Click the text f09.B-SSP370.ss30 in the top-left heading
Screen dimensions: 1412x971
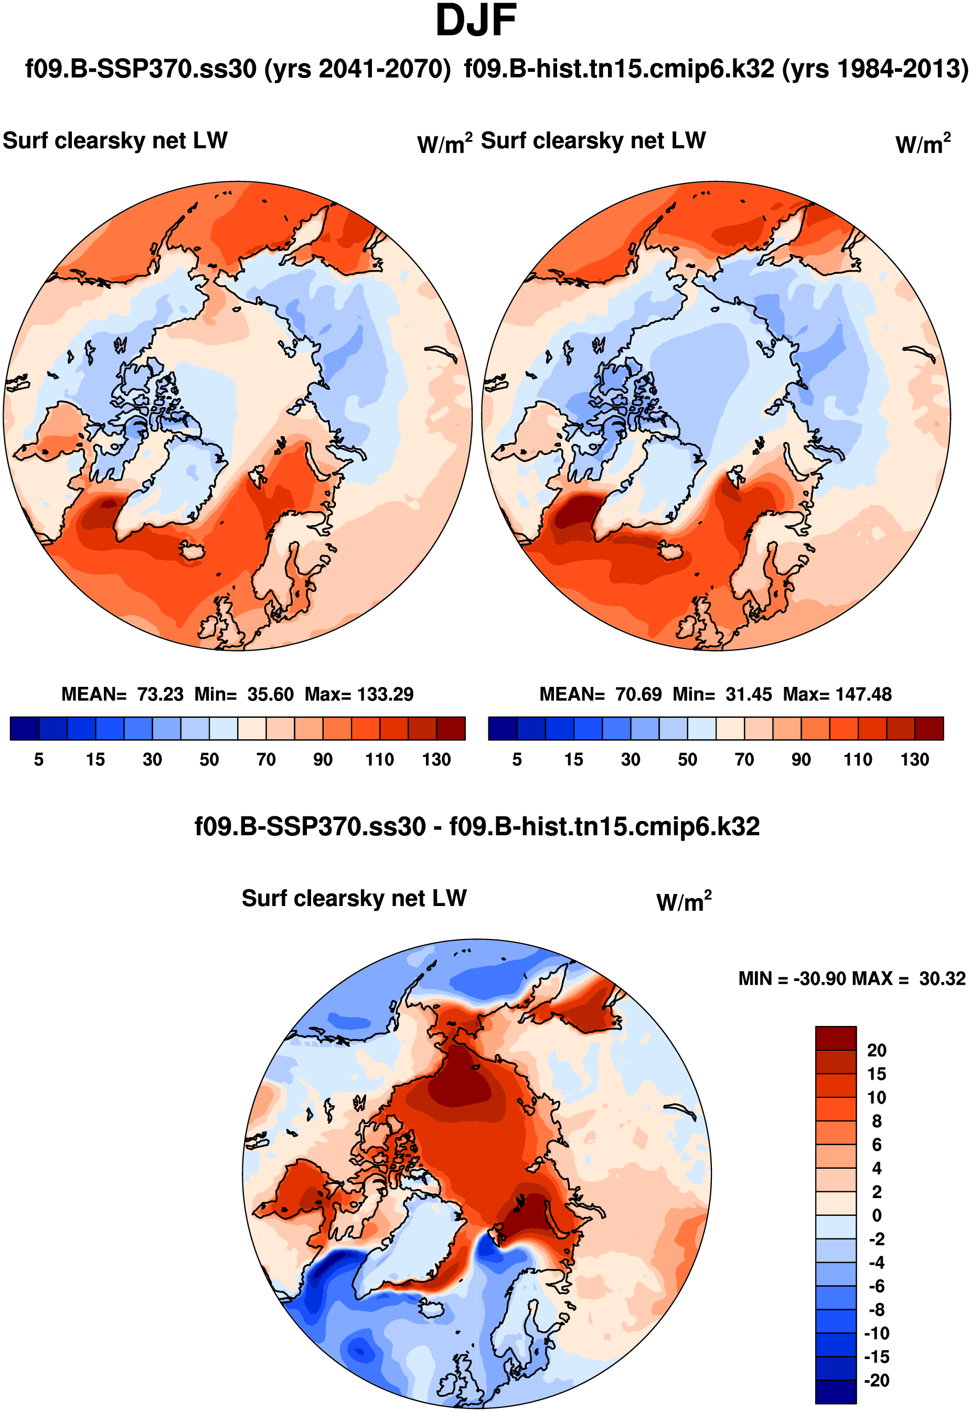pyautogui.click(x=141, y=69)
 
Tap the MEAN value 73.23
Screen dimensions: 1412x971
pyautogui.click(x=160, y=694)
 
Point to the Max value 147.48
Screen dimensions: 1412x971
pyautogui.click(x=863, y=694)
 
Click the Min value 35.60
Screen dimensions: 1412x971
pyautogui.click(x=270, y=694)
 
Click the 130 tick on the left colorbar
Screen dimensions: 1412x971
pyautogui.click(x=436, y=760)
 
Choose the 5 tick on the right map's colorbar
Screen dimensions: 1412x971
pyautogui.click(x=517, y=760)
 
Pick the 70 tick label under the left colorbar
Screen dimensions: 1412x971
pyautogui.click(x=266, y=760)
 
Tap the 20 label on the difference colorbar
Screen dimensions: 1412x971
pyautogui.click(x=877, y=1051)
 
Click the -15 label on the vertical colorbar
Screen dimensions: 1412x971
pyautogui.click(x=877, y=1357)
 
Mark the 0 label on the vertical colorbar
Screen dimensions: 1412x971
pyautogui.click(x=877, y=1215)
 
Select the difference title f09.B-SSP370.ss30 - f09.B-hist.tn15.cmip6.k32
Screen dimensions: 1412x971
pyautogui.click(x=477, y=827)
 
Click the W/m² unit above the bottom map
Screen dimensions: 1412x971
pyautogui.click(x=684, y=902)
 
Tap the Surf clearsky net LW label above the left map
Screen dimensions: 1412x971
pyautogui.click(x=115, y=141)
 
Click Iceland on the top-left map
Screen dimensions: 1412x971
pyautogui.click(x=194, y=552)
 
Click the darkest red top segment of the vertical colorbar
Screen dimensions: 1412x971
pyautogui.click(x=835, y=1038)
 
